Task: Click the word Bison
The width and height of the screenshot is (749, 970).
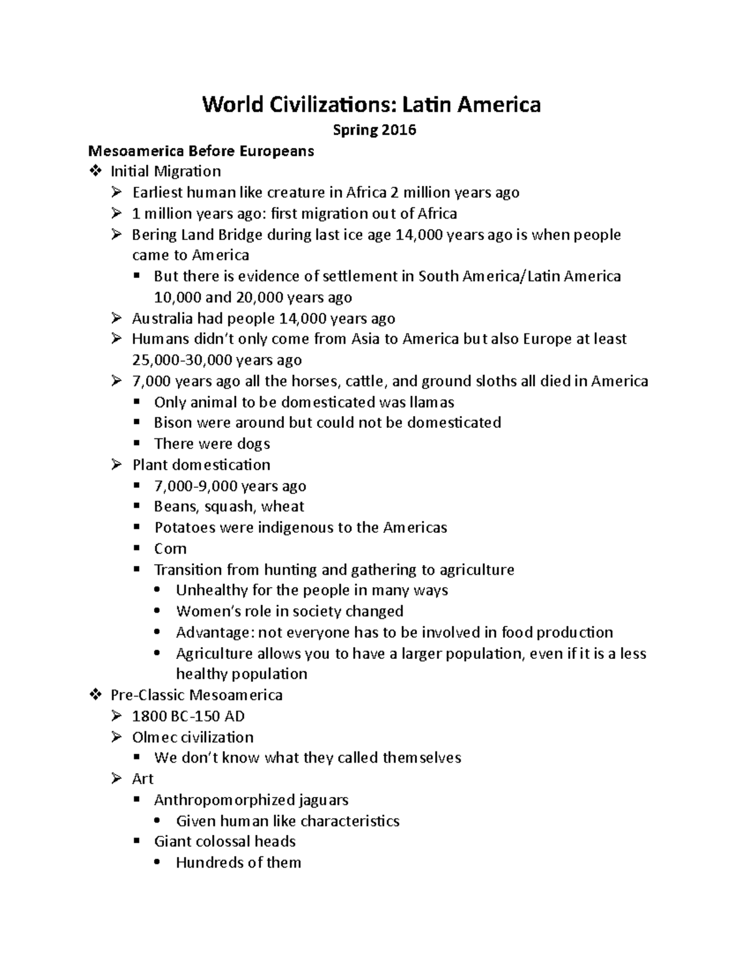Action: click(173, 423)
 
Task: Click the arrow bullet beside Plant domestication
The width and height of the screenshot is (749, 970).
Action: click(117, 465)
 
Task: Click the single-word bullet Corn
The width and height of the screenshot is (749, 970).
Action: click(170, 549)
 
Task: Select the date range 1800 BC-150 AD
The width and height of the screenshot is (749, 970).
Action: click(188, 716)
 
